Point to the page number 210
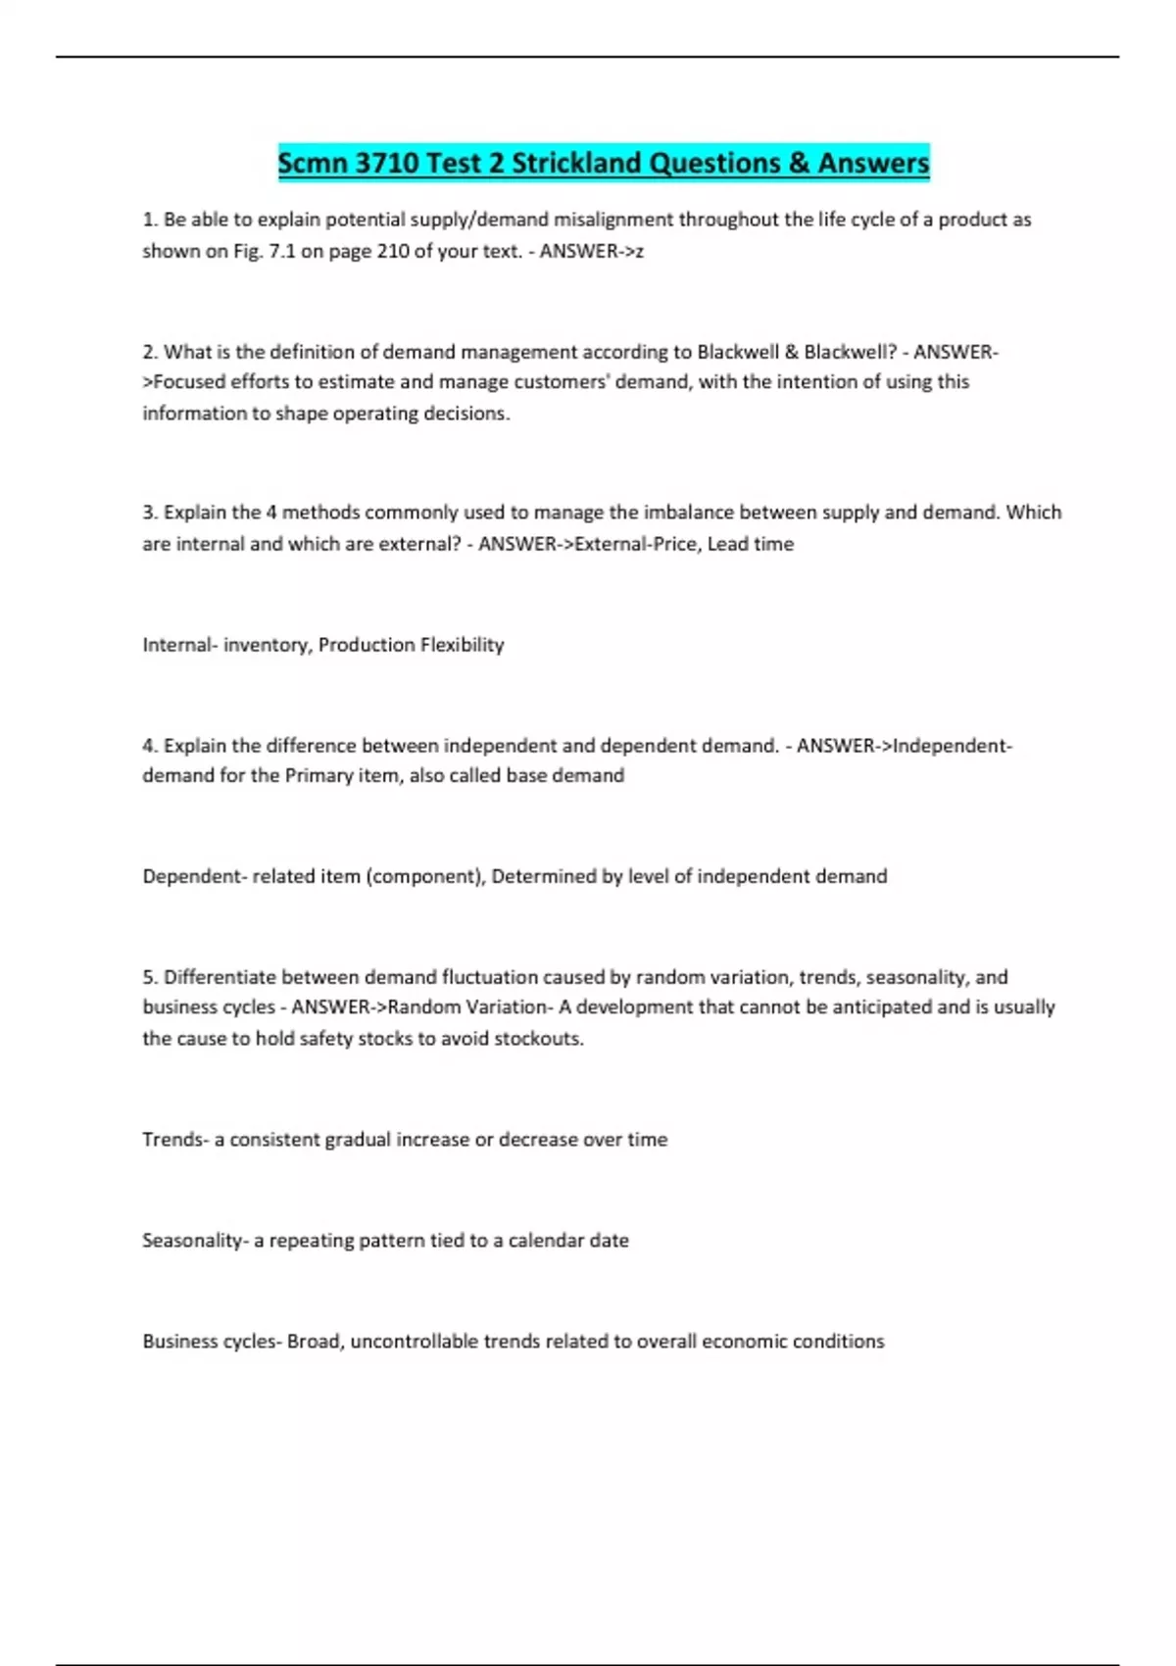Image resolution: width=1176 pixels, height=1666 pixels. click(x=393, y=251)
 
